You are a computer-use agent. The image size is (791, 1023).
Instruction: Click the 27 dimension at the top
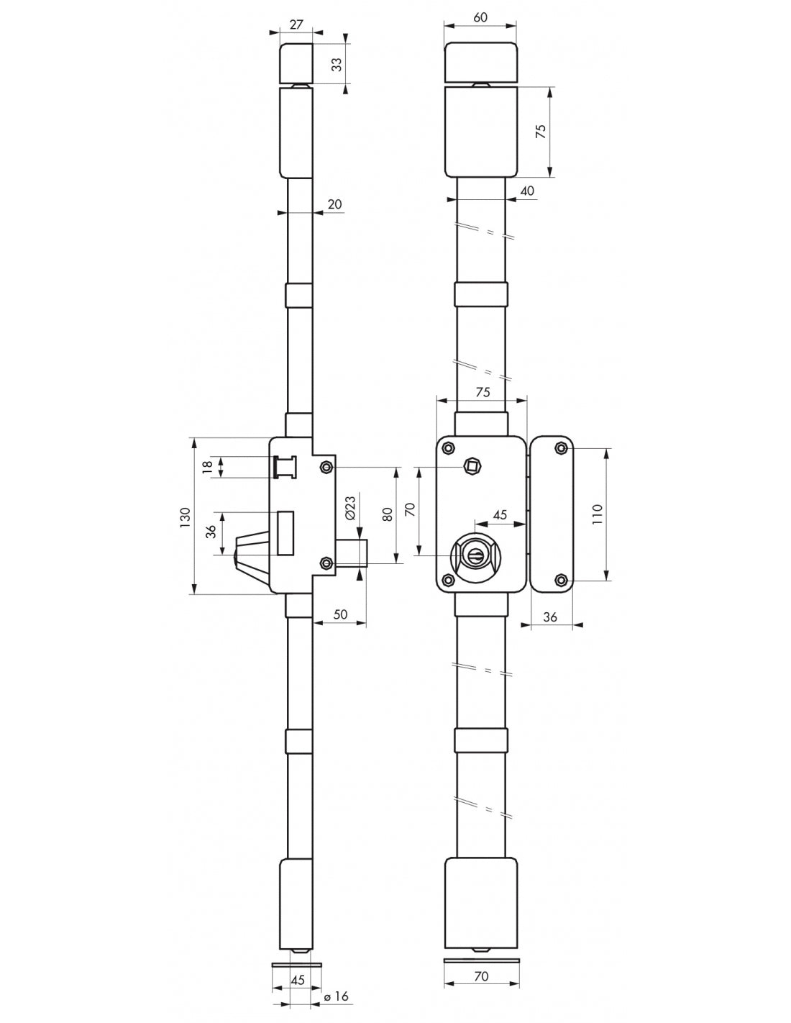[296, 24]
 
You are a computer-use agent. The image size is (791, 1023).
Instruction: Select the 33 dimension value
[337, 65]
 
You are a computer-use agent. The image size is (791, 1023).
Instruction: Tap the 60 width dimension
[480, 17]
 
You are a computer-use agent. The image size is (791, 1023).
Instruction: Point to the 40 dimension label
[528, 191]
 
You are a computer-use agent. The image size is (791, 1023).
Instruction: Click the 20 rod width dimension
[334, 204]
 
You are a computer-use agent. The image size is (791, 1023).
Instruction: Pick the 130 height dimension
[185, 517]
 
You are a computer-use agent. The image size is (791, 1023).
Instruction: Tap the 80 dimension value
[388, 514]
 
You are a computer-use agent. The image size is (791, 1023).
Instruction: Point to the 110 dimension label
[597, 514]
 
